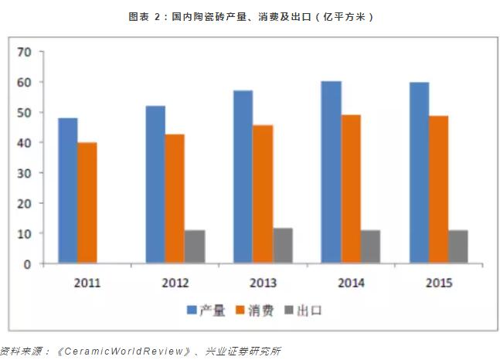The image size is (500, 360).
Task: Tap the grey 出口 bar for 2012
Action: coord(195,246)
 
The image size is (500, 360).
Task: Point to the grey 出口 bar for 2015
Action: coord(458,246)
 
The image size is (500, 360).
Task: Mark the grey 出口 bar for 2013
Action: coord(283,246)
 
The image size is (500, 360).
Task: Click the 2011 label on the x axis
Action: coord(87,282)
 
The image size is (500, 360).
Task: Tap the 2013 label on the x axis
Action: coord(263,282)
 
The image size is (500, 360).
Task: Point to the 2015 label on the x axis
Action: coord(438,282)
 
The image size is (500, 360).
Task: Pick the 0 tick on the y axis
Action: coord(27,263)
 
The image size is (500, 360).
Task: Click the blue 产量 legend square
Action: coord(192,311)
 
